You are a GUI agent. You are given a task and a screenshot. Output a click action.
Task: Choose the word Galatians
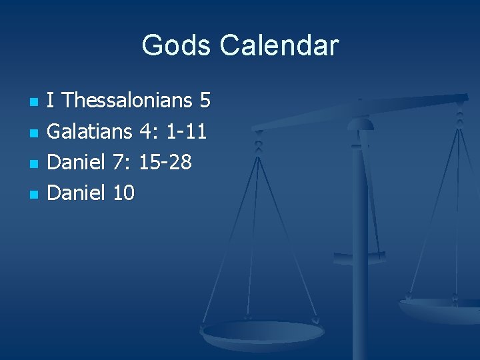[x=90, y=132]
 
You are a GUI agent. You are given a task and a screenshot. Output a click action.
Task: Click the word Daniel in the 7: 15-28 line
[x=77, y=163]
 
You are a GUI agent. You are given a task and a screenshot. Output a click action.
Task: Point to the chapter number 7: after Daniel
[x=122, y=163]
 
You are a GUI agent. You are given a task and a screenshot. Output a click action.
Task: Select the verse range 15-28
[x=165, y=163]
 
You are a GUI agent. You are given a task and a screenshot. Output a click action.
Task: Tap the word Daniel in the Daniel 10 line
[x=77, y=193]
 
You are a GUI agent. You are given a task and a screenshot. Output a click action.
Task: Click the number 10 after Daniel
[x=124, y=193]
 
